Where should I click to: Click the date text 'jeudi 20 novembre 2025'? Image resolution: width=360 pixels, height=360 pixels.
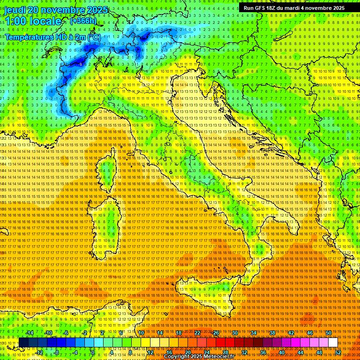tap(56, 10)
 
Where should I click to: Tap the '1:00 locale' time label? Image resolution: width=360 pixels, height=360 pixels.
tap(33, 21)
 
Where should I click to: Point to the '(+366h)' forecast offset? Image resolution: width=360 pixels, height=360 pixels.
tap(83, 21)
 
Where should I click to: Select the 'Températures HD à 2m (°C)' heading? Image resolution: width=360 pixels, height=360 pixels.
tap(53, 37)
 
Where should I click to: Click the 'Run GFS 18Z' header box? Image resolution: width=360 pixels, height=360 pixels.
tap(294, 8)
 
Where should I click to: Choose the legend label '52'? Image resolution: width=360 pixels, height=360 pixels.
tap(338, 352)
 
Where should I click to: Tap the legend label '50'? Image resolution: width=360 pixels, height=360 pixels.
tap(329, 333)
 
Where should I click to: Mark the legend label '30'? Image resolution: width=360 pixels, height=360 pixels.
tap(235, 333)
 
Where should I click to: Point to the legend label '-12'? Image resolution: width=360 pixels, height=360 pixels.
tap(39, 352)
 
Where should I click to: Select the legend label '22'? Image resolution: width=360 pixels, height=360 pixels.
tap(197, 333)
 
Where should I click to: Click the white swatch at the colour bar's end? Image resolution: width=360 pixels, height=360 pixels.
tap(333, 343)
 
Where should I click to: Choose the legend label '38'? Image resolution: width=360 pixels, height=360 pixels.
tap(272, 333)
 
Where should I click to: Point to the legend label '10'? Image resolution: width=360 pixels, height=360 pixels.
tap(141, 333)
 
